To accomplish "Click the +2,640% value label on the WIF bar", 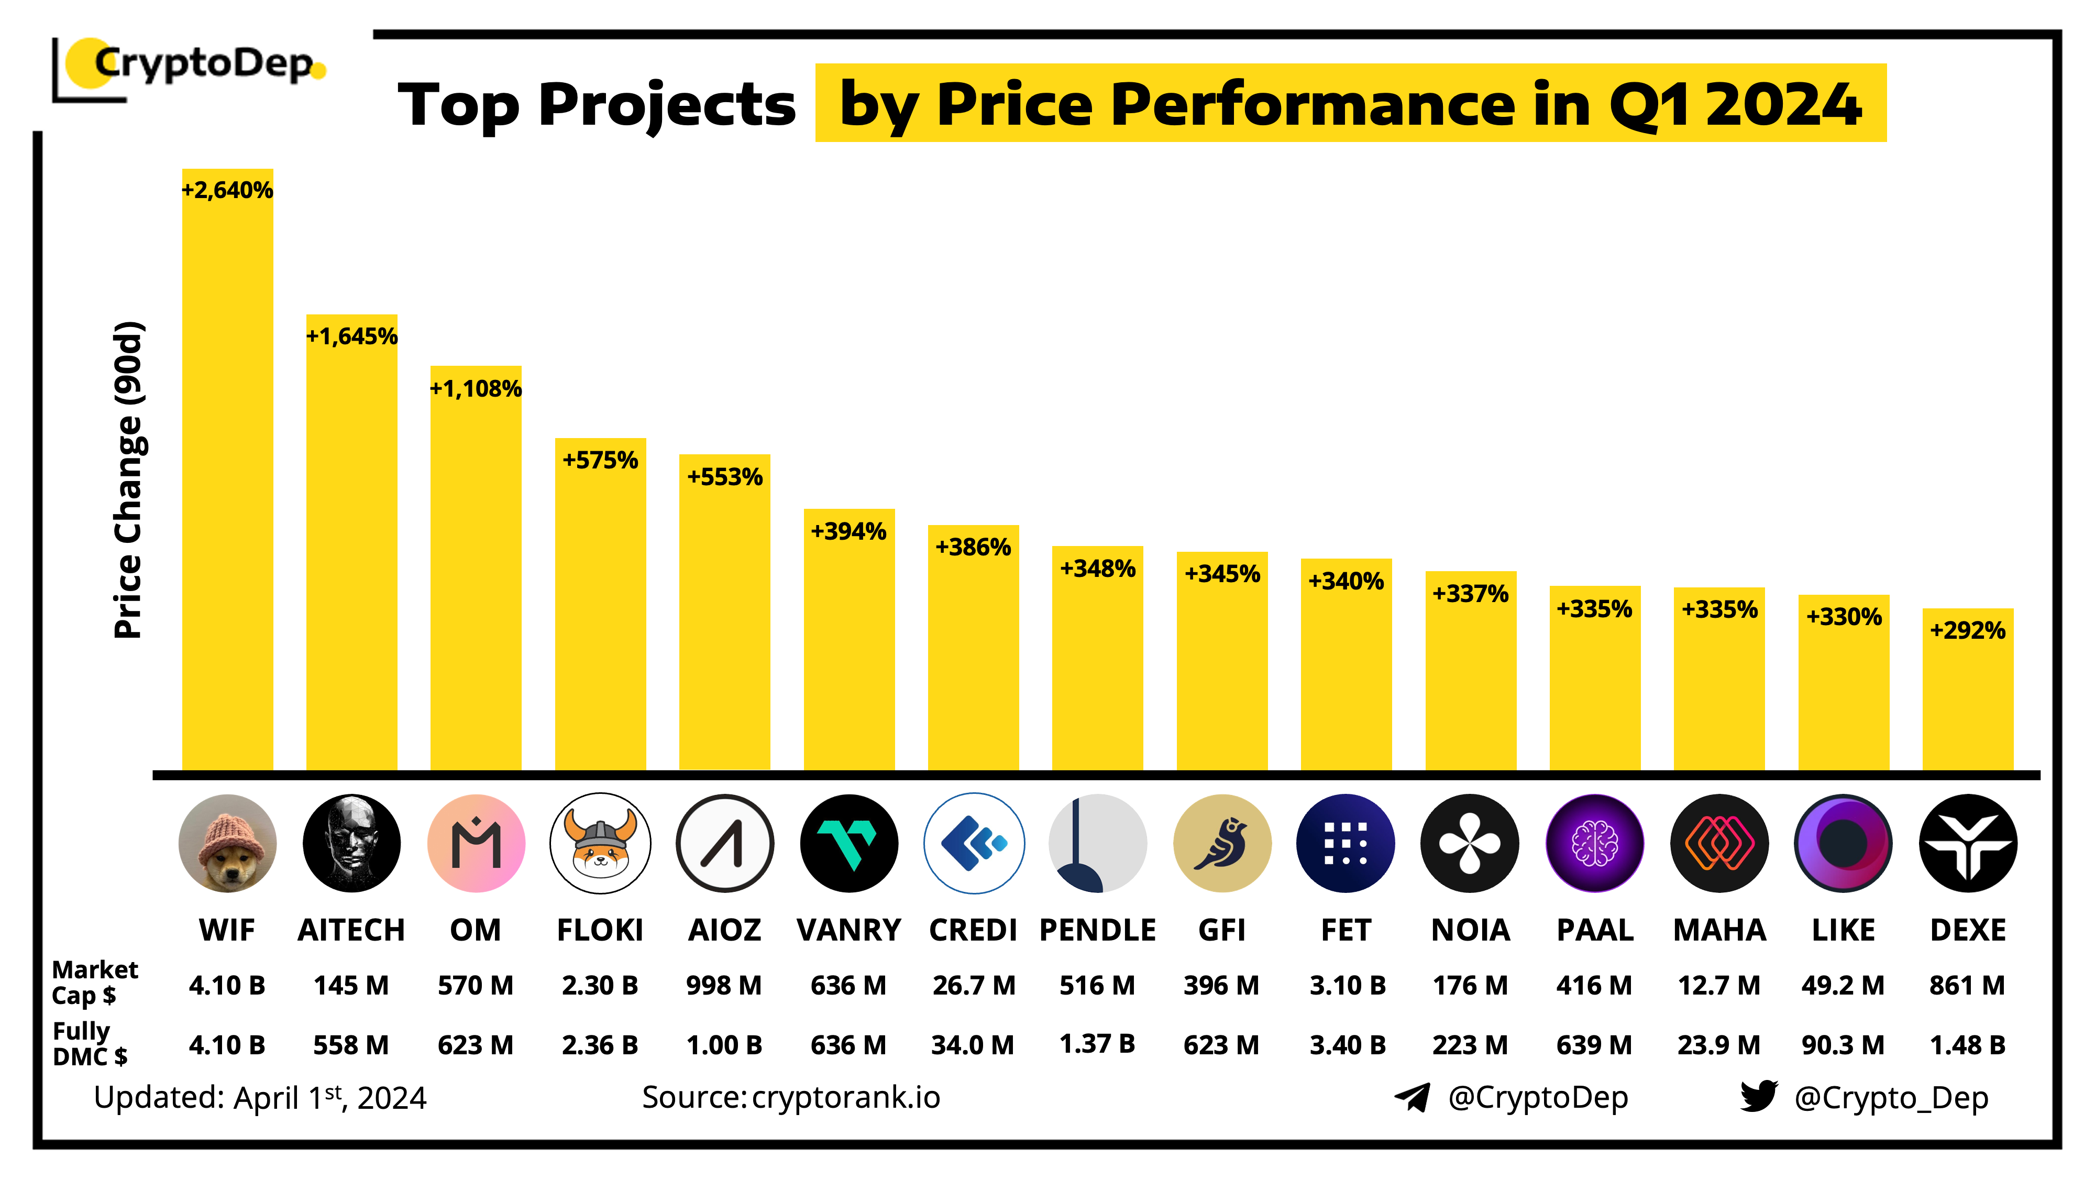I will tap(227, 190).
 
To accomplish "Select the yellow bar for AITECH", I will tap(351, 553).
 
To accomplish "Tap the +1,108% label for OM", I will tap(476, 389).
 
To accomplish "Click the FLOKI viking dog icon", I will tap(600, 844).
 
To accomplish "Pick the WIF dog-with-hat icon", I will tap(227, 844).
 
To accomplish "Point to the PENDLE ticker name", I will tap(1097, 930).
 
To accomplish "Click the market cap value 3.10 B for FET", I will tap(1347, 985).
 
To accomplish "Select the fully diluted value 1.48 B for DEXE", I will tap(1967, 1045).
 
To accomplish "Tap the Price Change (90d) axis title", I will tap(128, 480).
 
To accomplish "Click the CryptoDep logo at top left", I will tap(191, 67).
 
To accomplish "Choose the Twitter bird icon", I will tap(1758, 1096).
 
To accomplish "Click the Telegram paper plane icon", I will tap(1413, 1097).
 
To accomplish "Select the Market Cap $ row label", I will tap(94, 982).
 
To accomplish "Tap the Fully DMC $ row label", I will tap(90, 1044).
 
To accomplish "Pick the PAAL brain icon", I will tap(1594, 844).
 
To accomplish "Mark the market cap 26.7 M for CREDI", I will tap(974, 985).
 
